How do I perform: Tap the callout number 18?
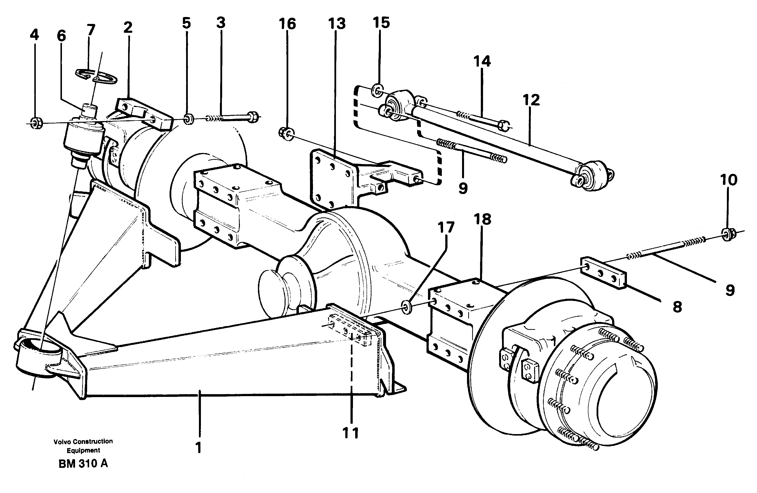tap(482, 219)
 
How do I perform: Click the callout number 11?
tap(350, 433)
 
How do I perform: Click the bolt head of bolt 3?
tap(253, 117)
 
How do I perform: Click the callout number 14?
tap(482, 61)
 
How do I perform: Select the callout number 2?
tap(128, 28)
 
